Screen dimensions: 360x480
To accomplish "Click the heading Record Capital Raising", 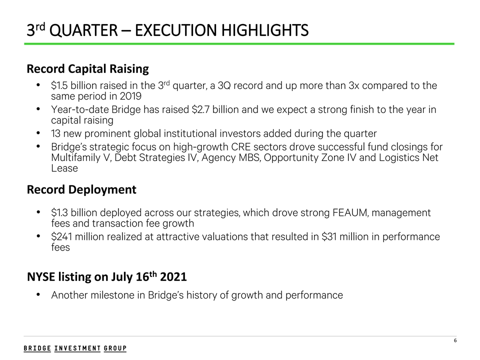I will (x=87, y=68).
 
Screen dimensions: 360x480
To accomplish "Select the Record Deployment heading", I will (x=81, y=190).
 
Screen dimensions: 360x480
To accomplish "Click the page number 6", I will (x=455, y=341).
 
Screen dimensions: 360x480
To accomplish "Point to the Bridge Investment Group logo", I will (x=75, y=348).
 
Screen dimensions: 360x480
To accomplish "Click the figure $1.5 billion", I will (x=73, y=86).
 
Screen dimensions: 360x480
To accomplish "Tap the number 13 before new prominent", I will (x=56, y=133).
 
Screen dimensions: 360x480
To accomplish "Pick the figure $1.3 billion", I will (x=73, y=213).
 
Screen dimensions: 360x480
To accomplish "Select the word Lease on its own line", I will (x=64, y=168).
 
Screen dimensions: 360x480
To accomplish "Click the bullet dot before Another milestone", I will (x=39, y=295).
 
